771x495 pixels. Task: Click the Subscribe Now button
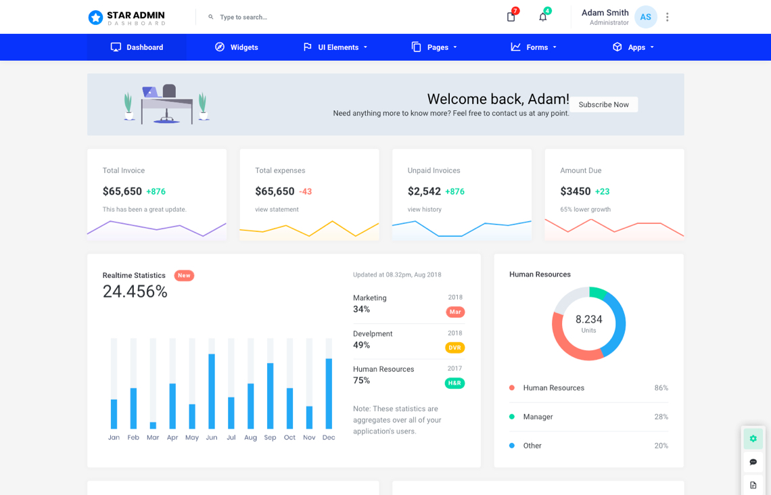coord(603,105)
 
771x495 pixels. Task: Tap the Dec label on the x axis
coord(329,438)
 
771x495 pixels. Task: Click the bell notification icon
coord(542,17)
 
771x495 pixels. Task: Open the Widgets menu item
coord(237,47)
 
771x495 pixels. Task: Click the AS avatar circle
coord(645,17)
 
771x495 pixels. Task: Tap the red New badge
coord(184,275)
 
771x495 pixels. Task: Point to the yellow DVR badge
coord(454,348)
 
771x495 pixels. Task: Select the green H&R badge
coord(454,383)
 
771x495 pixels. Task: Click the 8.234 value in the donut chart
coord(588,319)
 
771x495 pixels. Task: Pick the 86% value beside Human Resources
coord(661,388)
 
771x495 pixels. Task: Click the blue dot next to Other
coord(512,446)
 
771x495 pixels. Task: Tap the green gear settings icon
coord(753,439)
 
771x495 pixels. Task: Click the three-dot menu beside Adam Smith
coord(667,17)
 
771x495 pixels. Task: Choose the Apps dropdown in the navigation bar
coord(633,47)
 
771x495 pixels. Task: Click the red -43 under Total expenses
coord(306,192)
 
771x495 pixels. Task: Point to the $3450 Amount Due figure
coord(575,191)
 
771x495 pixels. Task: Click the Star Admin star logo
coord(95,18)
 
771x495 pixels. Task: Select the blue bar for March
coord(153,425)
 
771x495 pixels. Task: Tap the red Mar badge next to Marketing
coord(455,312)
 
